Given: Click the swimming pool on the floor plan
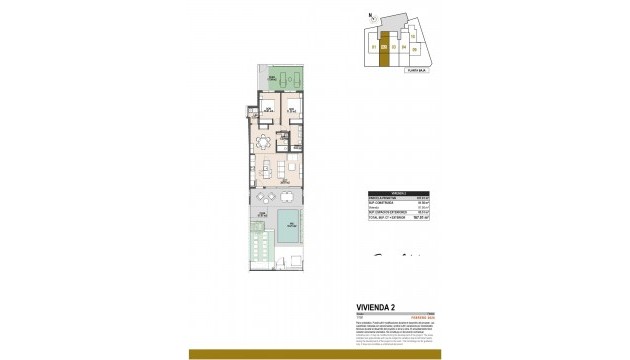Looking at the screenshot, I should (x=288, y=226).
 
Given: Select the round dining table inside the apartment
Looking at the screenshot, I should (x=265, y=140).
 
